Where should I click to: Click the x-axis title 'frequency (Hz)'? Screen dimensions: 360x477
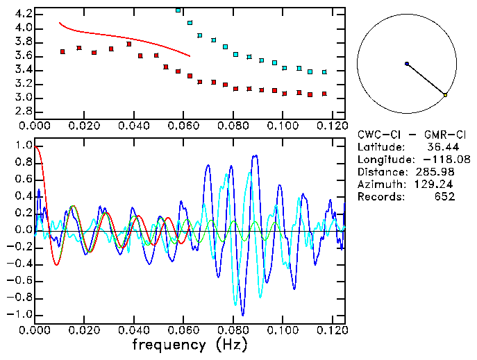[189, 345]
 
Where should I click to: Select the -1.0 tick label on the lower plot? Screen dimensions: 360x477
[18, 314]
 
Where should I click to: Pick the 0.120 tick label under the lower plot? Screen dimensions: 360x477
[332, 331]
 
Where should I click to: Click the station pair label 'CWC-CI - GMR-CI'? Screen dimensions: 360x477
[406, 134]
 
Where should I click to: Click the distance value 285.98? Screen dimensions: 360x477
[440, 172]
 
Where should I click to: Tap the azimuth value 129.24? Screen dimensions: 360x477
[440, 185]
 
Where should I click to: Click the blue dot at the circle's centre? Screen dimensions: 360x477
[407, 64]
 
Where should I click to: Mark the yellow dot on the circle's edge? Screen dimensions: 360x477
[446, 95]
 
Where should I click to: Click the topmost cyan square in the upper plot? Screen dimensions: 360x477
[178, 10]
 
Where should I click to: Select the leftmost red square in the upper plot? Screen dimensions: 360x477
[63, 51]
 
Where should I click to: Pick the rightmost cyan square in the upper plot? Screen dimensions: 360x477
[324, 71]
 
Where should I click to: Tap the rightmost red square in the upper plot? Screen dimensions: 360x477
[324, 94]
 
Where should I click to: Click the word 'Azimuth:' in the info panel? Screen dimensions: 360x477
[379, 185]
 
